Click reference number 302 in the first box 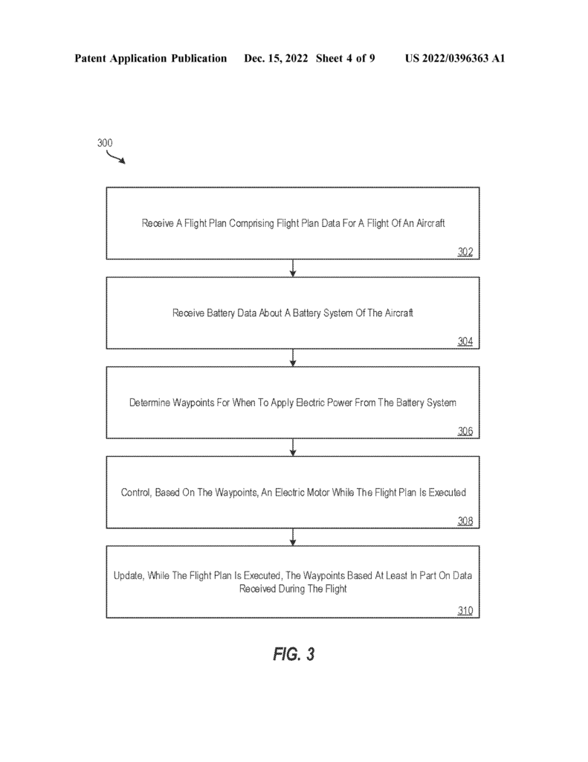point(465,252)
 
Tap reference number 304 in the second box point(465,342)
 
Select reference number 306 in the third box point(465,431)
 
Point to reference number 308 point(465,521)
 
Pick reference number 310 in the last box point(465,610)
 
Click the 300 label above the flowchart point(104,143)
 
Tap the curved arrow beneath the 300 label point(115,158)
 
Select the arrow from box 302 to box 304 point(293,268)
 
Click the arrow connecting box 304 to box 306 point(293,358)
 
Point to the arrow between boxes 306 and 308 point(293,447)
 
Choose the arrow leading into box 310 point(293,537)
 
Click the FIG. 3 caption point(294,654)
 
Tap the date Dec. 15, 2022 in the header point(276,58)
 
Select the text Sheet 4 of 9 point(345,58)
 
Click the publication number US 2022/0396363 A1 point(455,58)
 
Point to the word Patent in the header point(90,58)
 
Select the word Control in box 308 point(135,493)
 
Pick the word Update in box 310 point(129,576)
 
